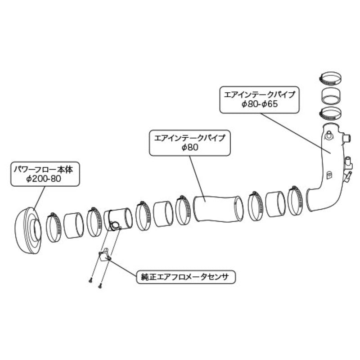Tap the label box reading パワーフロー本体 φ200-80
45,174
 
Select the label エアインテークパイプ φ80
189,143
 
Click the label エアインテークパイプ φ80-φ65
260,99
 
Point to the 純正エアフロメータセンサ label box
186,277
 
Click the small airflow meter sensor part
104,255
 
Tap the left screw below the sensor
90,280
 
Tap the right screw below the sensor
100,286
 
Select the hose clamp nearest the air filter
54,227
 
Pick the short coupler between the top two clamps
330,95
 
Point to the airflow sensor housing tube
118,219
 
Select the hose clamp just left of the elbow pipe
295,200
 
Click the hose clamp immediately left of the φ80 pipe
183,210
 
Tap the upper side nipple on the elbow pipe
346,138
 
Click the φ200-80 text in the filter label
44,179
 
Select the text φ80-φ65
260,104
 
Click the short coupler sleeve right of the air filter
73,225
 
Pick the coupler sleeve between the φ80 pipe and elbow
275,204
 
